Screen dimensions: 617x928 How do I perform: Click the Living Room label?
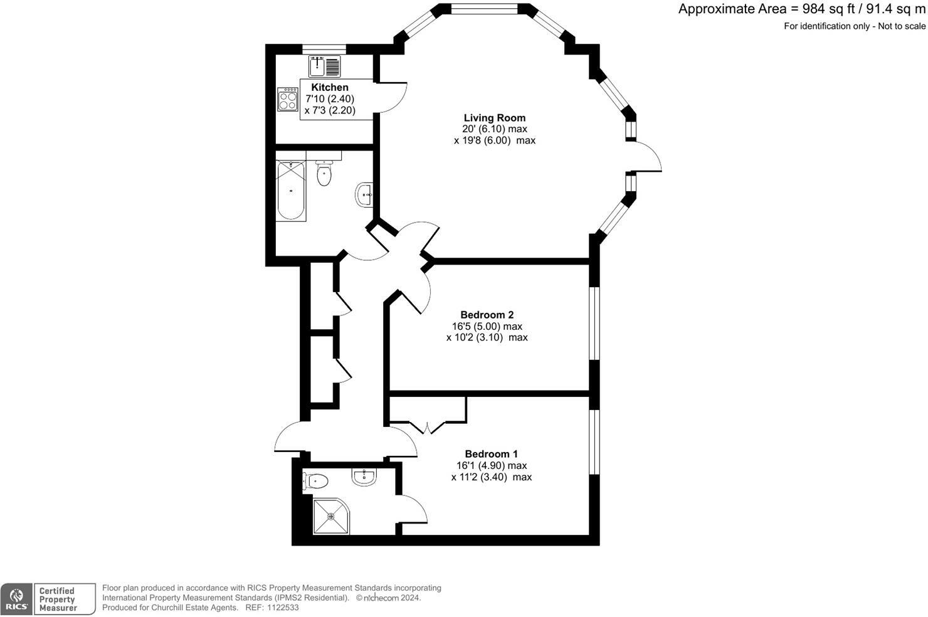(x=494, y=118)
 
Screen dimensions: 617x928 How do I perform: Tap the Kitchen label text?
(x=330, y=87)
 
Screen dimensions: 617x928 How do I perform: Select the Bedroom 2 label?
(x=487, y=315)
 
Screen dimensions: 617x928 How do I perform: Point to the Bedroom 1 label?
(x=491, y=454)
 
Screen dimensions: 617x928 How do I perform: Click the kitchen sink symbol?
(x=324, y=66)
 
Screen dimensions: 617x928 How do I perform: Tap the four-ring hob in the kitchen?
(x=288, y=99)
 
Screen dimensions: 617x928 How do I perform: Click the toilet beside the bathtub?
(x=324, y=173)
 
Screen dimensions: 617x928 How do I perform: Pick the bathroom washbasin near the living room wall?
(x=364, y=195)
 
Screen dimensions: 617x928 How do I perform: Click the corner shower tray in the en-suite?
(x=330, y=516)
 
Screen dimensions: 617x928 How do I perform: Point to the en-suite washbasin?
(x=364, y=478)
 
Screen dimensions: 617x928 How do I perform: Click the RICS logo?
(x=16, y=599)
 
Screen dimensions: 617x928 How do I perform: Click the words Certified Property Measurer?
(x=58, y=599)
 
